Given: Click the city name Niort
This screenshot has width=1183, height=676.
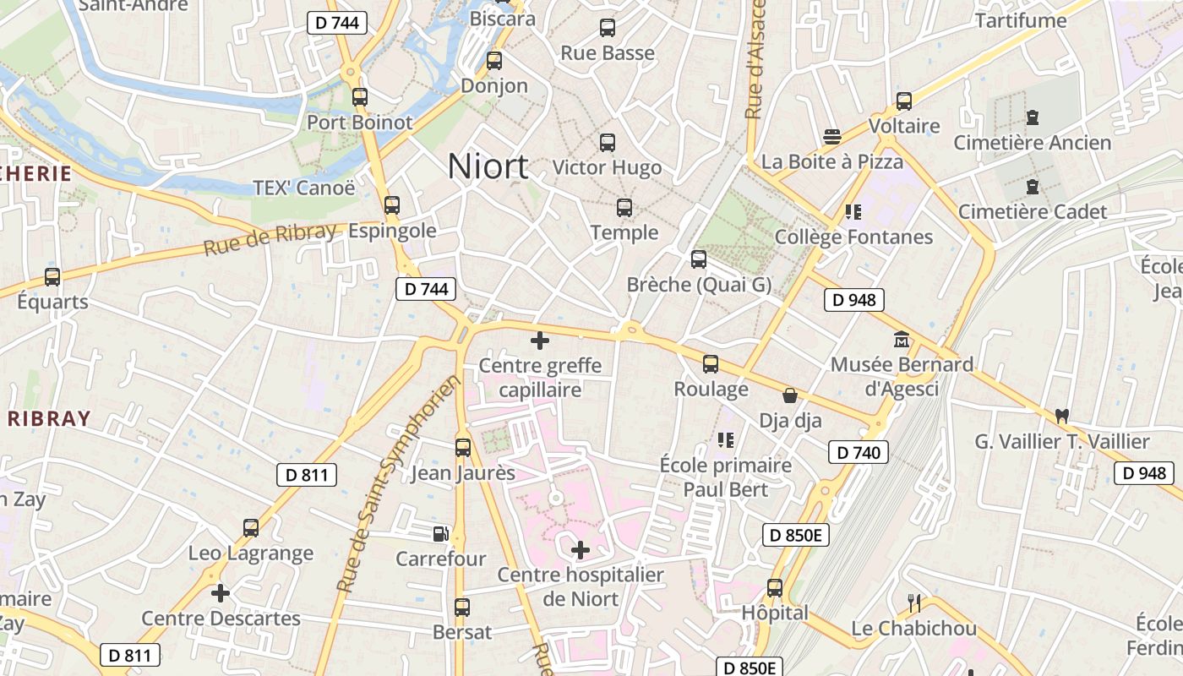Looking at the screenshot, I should [488, 166].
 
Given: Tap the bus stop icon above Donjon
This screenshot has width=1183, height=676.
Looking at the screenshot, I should [494, 61].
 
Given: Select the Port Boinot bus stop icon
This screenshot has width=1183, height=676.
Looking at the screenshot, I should [360, 97].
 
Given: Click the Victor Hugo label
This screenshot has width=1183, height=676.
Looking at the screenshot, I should [607, 167].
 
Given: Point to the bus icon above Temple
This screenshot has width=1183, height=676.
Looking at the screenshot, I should [624, 208].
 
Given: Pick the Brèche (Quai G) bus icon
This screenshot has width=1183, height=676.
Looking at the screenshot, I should [699, 259].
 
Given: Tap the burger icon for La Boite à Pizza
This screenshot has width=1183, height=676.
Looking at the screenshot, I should [832, 137].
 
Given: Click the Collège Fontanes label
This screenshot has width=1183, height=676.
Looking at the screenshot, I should [853, 237].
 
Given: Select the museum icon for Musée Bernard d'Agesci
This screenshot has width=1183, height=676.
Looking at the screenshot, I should [902, 340].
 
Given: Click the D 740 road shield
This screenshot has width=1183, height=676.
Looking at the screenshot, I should [859, 452].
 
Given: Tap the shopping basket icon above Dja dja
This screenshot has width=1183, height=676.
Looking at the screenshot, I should [790, 395].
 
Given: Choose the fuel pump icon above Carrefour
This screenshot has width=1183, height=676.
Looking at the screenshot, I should [440, 533].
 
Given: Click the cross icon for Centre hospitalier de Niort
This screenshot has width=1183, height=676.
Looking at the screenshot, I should [581, 551].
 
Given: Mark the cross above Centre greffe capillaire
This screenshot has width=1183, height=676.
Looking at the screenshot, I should [540, 341].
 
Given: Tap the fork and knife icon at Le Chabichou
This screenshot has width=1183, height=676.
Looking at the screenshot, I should [913, 603].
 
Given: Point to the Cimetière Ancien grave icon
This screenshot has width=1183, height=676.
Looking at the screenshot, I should [1032, 117].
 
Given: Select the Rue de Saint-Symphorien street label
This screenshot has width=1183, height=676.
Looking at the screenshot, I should [398, 483].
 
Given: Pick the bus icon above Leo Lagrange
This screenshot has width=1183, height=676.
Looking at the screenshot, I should [251, 528].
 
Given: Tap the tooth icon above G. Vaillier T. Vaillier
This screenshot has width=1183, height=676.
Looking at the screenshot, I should [1062, 417].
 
